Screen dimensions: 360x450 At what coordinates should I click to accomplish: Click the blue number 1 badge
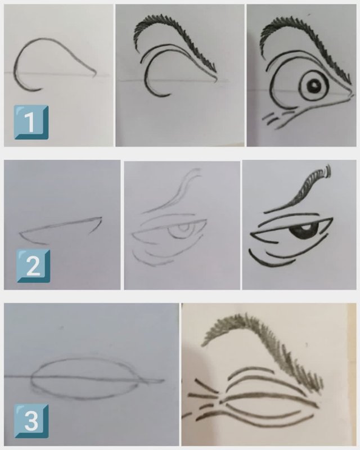click(x=31, y=122)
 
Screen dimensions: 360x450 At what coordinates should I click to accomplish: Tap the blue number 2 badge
click(x=33, y=265)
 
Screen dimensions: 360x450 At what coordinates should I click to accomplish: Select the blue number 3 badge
click(x=31, y=421)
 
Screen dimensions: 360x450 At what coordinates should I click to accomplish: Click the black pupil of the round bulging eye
click(x=313, y=85)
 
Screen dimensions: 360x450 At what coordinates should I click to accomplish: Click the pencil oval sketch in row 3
click(x=85, y=378)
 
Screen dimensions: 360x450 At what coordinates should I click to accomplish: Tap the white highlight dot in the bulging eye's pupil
click(x=314, y=84)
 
